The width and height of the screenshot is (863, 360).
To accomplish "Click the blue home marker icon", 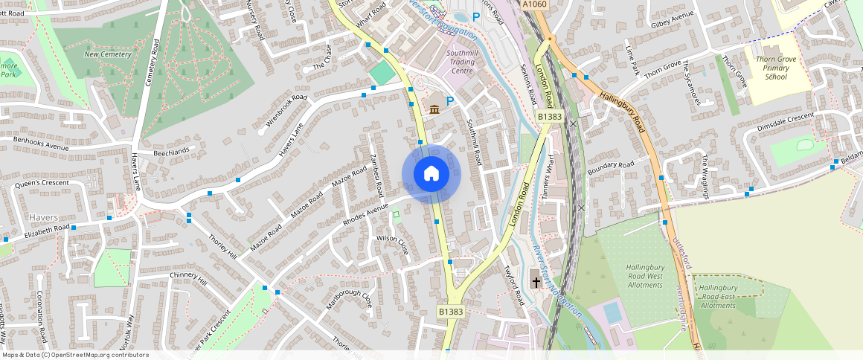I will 431,174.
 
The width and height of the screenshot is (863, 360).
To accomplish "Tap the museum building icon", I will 434,109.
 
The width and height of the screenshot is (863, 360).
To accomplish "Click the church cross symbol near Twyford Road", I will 536,282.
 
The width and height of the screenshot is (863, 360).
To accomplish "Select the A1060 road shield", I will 534,4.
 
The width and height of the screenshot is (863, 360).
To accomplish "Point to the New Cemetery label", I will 108,54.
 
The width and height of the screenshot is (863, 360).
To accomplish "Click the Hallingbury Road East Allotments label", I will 718,296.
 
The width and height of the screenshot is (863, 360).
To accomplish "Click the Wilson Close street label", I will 393,244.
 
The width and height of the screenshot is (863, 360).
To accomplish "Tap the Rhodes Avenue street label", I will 366,214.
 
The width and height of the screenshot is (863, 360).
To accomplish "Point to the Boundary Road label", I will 610,170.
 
